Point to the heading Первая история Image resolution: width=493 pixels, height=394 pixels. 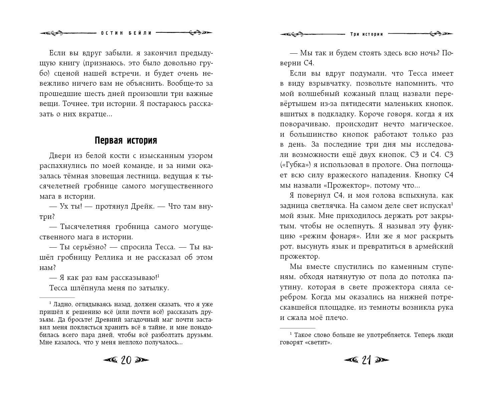126,140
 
